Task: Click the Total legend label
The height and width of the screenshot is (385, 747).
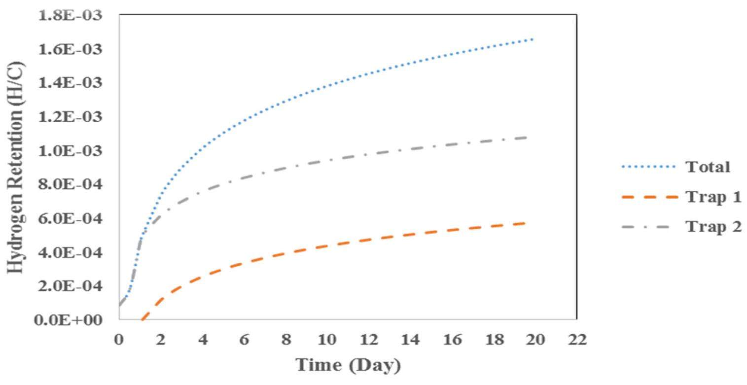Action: tap(707, 167)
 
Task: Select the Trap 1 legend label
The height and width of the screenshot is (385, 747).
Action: tap(713, 197)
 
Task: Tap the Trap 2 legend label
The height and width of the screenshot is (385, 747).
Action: tap(713, 227)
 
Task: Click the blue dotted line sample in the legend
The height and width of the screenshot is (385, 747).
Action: tap(648, 168)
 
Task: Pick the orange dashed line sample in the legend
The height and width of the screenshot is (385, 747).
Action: tap(648, 197)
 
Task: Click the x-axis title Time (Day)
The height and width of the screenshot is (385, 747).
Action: tap(348, 365)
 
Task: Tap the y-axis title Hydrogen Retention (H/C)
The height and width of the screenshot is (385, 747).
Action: tap(16, 168)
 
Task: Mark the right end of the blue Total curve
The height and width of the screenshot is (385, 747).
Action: tap(533, 39)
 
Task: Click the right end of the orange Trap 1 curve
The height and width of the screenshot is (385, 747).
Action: tap(526, 223)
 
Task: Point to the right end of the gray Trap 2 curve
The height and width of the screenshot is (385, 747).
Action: tap(527, 137)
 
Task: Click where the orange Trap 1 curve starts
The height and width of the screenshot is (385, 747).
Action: tap(142, 319)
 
